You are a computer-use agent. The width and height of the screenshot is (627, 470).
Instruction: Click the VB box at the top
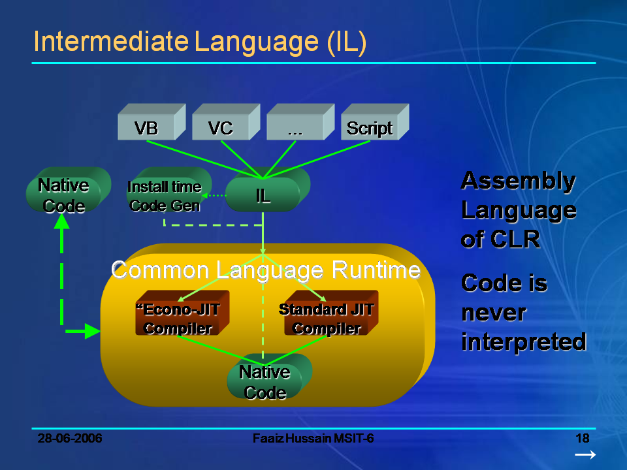point(146,128)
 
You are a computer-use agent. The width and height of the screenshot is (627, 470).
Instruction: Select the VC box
point(221,128)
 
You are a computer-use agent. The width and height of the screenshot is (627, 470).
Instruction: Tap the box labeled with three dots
point(295,128)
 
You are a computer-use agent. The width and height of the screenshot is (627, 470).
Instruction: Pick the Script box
point(370,128)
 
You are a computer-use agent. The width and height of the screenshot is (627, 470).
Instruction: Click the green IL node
point(263,195)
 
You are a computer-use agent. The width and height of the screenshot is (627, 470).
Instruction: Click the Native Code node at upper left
point(63,195)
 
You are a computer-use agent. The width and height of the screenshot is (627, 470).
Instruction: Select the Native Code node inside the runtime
point(265,382)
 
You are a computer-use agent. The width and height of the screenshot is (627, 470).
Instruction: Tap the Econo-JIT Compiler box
point(178,319)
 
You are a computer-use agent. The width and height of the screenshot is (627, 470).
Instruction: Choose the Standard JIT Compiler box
point(327,319)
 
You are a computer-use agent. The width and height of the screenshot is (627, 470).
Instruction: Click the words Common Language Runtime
point(265,270)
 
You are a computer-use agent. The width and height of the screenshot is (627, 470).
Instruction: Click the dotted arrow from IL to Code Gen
point(214,195)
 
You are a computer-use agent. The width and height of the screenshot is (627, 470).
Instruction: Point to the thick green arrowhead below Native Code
point(62,223)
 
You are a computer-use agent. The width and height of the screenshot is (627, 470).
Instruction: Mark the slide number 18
point(583,438)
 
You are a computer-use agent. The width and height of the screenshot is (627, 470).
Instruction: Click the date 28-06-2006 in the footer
point(70,438)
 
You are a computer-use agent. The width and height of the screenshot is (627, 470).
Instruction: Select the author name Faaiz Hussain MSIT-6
point(313,438)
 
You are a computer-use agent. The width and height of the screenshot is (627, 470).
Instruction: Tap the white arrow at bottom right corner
point(585,455)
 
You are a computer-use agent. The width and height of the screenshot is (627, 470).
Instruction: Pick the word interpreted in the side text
point(523,341)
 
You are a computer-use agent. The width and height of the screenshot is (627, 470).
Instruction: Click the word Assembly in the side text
point(518,181)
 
